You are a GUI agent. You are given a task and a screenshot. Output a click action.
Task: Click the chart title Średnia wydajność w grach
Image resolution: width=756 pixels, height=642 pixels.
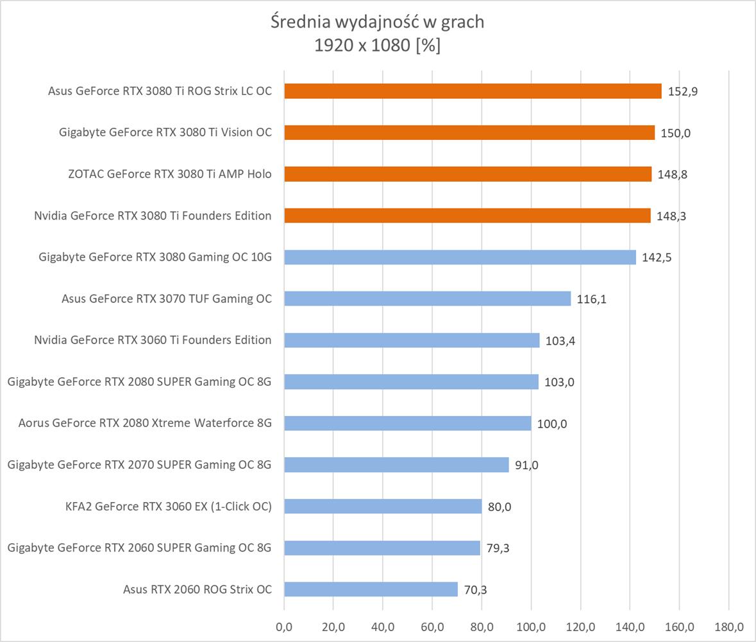point(377,22)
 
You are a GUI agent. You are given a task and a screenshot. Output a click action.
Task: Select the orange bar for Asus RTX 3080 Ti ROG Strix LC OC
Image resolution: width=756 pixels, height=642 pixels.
point(473,91)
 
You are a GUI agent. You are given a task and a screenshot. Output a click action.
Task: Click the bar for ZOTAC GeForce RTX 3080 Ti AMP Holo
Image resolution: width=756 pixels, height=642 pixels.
point(467,174)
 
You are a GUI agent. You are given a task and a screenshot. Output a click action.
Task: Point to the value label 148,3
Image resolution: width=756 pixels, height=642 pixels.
point(671,216)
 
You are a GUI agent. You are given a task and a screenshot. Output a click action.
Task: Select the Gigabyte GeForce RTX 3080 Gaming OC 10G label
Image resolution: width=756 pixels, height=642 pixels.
point(155,257)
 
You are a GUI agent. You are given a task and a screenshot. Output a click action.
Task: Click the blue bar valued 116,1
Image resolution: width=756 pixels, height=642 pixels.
point(427,299)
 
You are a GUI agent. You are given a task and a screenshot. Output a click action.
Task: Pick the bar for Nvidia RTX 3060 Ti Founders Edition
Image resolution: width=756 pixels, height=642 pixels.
point(412,340)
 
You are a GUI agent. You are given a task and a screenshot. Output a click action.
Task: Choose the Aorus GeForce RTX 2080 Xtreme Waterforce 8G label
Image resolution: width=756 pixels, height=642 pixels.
point(145,423)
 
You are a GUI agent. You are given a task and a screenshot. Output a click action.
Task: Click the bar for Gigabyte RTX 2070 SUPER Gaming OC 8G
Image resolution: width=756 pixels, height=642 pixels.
point(396,465)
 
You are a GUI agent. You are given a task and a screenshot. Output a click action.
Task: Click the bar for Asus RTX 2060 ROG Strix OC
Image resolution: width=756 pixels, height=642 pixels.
point(371,589)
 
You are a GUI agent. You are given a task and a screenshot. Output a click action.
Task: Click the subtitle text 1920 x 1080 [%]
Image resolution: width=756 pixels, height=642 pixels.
point(377,46)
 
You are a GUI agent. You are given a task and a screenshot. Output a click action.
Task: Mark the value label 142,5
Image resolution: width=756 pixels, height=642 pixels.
point(657,257)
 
